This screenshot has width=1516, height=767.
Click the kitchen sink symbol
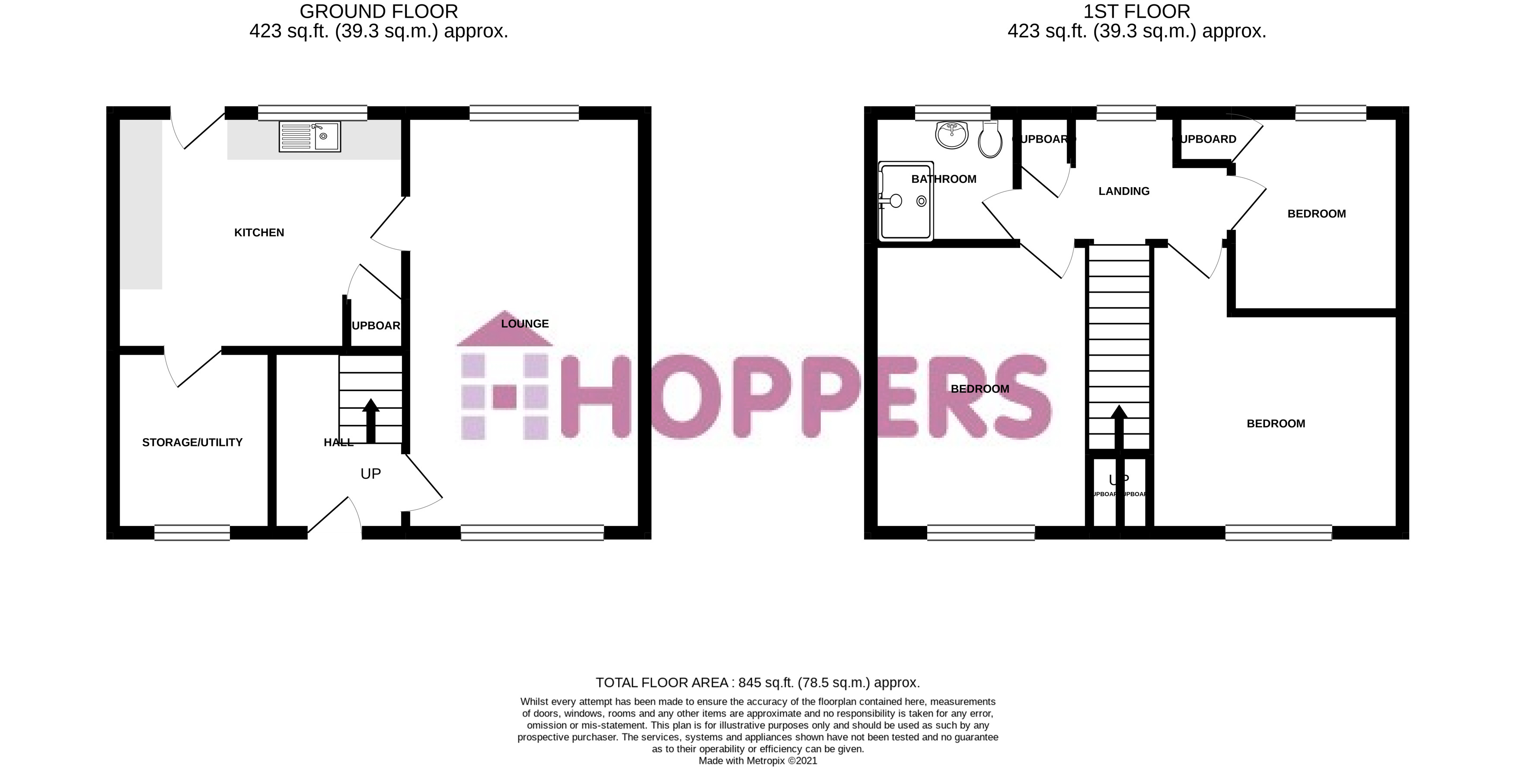(x=310, y=137)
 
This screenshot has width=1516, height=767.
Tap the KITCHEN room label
(x=259, y=233)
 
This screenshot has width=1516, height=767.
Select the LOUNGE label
(x=525, y=324)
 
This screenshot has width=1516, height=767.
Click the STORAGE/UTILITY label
(x=192, y=442)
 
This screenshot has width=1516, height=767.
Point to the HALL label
(x=338, y=442)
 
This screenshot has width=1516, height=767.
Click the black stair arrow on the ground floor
(x=371, y=420)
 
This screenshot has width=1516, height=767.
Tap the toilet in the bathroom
(x=990, y=140)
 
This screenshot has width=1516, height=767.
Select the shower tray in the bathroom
(x=906, y=201)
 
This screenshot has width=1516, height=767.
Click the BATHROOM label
(x=943, y=179)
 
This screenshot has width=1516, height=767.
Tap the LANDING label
(x=1123, y=191)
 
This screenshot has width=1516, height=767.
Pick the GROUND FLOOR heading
(x=378, y=12)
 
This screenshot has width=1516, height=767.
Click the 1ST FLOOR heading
(x=1136, y=12)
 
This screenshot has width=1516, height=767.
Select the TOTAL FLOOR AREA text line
(x=757, y=683)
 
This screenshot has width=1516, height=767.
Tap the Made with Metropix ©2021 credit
(x=757, y=761)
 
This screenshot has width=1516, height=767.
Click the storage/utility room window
(x=192, y=532)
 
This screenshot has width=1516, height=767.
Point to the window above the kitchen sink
(x=313, y=113)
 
